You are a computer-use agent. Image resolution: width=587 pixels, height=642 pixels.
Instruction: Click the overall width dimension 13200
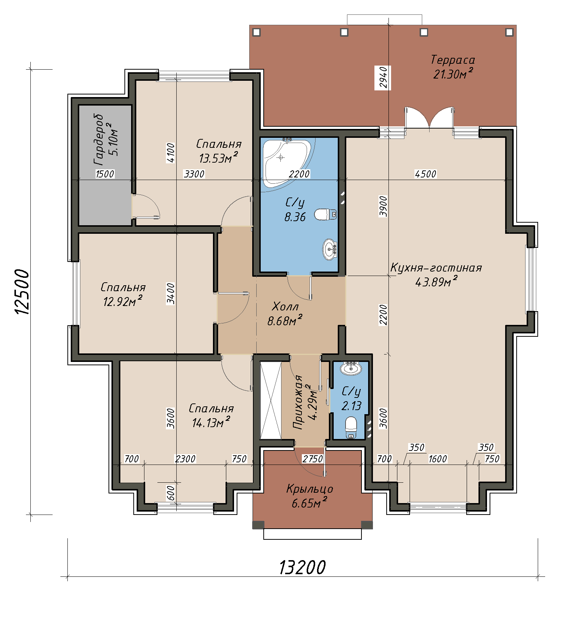coord(302,567)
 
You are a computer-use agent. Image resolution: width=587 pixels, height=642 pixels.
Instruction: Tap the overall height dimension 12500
coord(21,292)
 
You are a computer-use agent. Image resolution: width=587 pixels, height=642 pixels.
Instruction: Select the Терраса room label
coord(453,60)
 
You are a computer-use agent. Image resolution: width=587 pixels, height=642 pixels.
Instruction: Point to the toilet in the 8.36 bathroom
coord(326,214)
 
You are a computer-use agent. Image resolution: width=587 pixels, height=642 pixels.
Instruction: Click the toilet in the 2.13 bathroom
coord(351,428)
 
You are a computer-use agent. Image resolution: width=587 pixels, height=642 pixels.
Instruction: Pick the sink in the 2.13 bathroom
coord(350,368)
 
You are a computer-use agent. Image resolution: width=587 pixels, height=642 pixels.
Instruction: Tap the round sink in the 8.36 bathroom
coord(330,249)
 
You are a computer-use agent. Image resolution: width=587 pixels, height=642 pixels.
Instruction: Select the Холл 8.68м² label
coord(285,313)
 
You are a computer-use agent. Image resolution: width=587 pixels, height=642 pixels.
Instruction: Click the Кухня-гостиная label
coord(436,267)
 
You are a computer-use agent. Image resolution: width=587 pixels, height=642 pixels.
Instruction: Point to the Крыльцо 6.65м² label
coord(310,496)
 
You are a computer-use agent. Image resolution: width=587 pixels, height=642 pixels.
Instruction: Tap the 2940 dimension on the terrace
coord(383,77)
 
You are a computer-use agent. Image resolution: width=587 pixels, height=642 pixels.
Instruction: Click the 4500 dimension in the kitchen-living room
coord(426,174)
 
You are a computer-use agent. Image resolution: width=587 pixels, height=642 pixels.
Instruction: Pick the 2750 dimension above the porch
coord(313,459)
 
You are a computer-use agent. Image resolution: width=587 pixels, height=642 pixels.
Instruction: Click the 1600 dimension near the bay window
coord(437,459)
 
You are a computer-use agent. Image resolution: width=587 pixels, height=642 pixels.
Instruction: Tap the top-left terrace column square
coord(257,32)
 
